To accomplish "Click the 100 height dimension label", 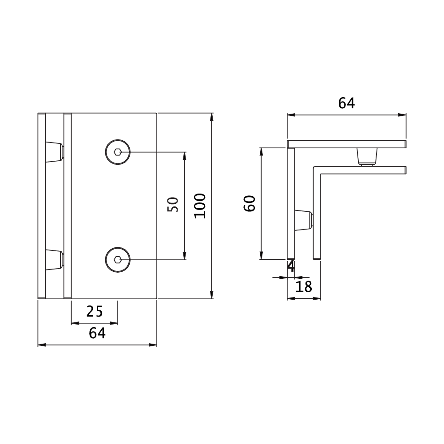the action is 200,206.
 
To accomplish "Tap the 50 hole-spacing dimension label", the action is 173,204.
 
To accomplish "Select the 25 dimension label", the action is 95,312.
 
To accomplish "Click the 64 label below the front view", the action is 97,333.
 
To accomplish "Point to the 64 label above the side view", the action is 346,103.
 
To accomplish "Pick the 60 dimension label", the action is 250,203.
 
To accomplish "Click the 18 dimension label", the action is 304,286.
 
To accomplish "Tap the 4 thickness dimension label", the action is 291,266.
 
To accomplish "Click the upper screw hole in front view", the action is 118,152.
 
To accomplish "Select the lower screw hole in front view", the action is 118,260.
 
